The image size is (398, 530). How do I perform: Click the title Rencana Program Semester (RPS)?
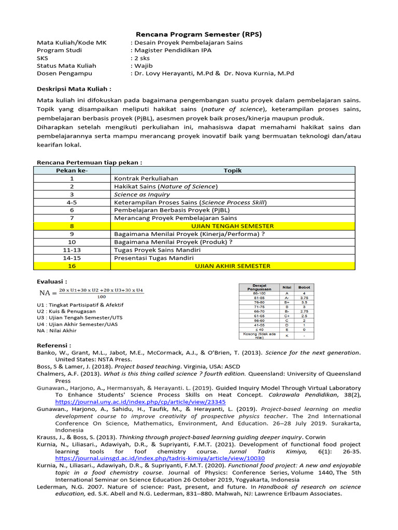pos(199,34)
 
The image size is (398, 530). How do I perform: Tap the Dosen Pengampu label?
pos(59,73)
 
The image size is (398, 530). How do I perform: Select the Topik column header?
pos(233,170)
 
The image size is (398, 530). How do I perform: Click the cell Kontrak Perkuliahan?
pos(138,178)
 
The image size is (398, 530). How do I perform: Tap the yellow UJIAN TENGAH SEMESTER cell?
pos(233,226)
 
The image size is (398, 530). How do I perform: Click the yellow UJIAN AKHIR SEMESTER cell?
pos(233,266)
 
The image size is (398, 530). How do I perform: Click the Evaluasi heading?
pos(52,281)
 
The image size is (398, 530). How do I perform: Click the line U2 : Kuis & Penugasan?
pos(66,311)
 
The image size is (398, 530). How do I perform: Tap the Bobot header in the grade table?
pos(304,287)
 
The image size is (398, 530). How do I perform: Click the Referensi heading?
pos(54,345)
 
